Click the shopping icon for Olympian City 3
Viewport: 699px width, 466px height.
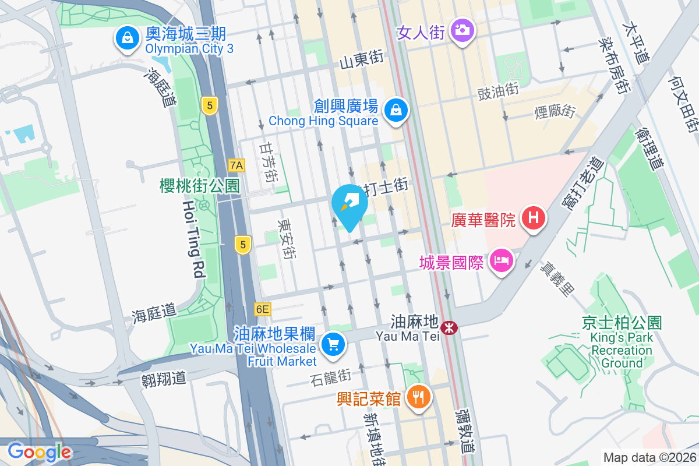tap(126, 39)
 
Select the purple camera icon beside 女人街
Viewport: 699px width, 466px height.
tap(463, 30)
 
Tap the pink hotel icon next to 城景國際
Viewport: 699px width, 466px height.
tap(501, 262)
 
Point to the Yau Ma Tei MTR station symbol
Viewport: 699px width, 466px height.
tap(449, 328)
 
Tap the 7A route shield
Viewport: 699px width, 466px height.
tap(236, 165)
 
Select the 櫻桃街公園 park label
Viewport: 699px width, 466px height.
tap(200, 186)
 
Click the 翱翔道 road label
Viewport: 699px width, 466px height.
tap(164, 378)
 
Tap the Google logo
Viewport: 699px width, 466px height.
tap(39, 452)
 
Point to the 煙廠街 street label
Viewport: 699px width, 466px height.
tap(555, 111)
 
